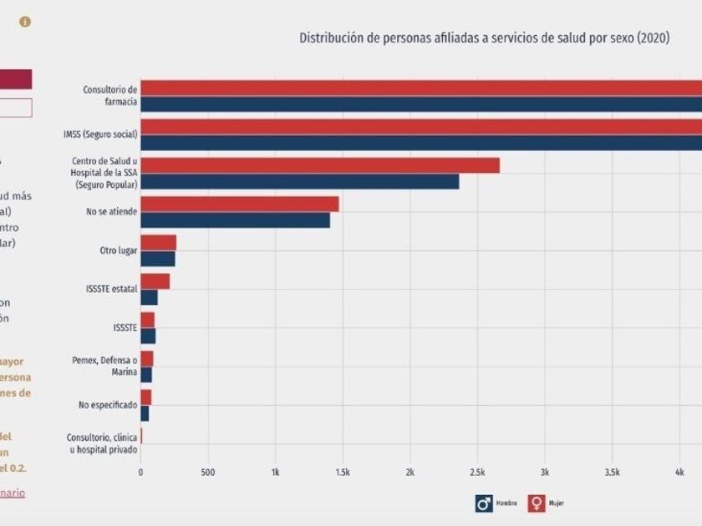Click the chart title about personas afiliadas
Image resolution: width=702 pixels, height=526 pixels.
[484, 38]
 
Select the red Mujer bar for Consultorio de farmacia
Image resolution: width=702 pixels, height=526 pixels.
[418, 88]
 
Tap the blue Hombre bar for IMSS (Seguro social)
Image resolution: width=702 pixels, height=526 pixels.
[418, 143]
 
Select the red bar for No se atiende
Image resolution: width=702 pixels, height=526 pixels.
[239, 204]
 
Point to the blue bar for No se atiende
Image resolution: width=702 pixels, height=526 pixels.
[235, 220]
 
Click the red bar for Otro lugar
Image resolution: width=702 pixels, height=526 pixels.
[158, 242]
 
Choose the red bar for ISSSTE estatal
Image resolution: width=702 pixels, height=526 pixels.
[155, 281]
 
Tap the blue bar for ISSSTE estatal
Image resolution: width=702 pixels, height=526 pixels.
[149, 297]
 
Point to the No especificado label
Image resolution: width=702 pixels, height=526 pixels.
[108, 404]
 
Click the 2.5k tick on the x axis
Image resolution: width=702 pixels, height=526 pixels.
[477, 473]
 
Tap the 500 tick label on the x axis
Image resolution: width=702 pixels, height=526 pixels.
[208, 473]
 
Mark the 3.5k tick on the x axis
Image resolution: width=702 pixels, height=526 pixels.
[612, 473]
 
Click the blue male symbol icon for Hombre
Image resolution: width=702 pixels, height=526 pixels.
[484, 503]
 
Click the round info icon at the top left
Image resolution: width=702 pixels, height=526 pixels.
[25, 22]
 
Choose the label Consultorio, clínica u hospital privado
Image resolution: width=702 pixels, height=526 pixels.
[102, 443]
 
